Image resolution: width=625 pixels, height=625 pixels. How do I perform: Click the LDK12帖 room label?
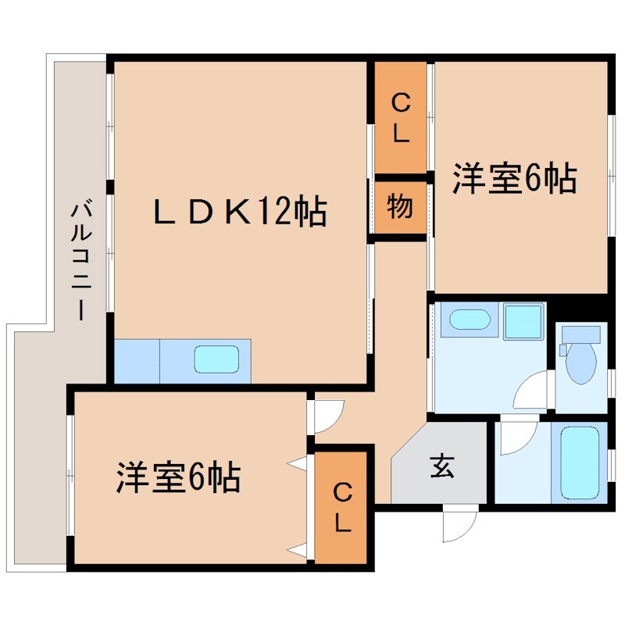(239, 211)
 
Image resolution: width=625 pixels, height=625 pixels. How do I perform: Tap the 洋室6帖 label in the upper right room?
(514, 180)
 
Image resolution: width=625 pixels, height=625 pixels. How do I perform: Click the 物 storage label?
(400, 208)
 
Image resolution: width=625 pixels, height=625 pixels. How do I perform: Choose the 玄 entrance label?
(441, 466)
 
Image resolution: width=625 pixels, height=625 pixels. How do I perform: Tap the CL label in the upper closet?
(401, 118)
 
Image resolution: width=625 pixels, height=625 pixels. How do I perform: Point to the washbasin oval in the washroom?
(468, 320)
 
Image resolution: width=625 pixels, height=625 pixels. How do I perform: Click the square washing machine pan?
(523, 321)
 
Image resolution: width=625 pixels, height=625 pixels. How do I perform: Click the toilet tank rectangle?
(581, 334)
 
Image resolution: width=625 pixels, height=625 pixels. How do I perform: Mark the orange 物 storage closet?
(400, 208)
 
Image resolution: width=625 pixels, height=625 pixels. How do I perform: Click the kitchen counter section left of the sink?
(137, 360)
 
